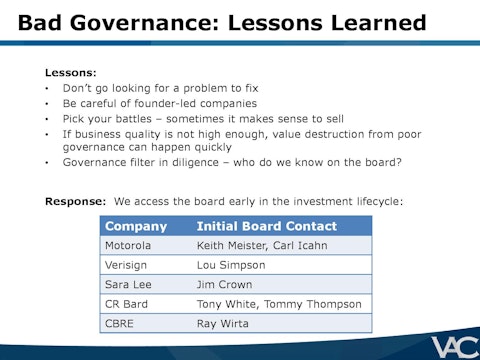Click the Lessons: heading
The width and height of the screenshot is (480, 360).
tap(71, 73)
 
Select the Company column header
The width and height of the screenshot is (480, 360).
tap(136, 226)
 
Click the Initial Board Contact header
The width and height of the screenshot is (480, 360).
tap(266, 226)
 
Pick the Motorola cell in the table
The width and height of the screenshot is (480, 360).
tap(129, 245)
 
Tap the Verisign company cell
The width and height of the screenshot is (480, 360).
tap(127, 265)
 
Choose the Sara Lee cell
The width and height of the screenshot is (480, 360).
tap(127, 284)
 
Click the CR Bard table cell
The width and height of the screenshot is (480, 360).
tap(125, 304)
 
